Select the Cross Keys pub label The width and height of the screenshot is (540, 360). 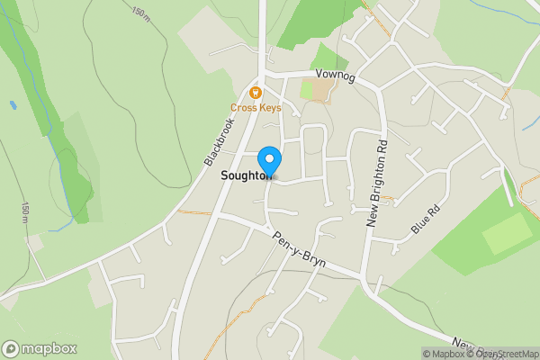click(256, 108)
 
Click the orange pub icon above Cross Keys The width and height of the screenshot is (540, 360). click(256, 92)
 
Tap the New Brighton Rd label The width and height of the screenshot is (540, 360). click(376, 180)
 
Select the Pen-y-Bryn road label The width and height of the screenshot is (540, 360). click(298, 248)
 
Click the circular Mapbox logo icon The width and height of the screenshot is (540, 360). click(11, 349)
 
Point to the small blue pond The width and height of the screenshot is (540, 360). click(13, 104)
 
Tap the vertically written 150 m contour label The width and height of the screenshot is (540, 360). click(23, 212)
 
